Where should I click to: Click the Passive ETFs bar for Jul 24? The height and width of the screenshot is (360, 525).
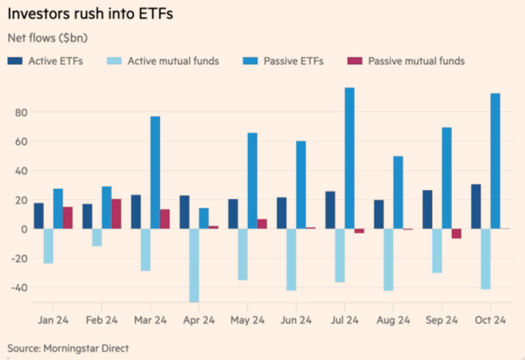349,158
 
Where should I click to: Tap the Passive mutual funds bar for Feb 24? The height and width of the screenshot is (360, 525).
116,214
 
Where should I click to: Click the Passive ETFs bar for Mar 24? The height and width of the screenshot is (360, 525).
155,172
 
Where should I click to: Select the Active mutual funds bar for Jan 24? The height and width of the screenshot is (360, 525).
49,246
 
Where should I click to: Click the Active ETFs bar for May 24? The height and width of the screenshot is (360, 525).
233,214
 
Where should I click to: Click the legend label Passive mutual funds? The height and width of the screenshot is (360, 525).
416,61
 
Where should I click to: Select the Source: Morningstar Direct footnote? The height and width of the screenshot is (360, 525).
68,348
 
